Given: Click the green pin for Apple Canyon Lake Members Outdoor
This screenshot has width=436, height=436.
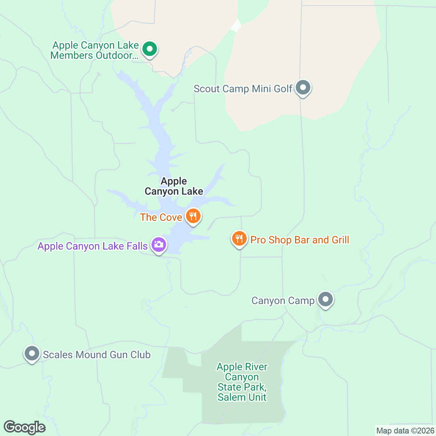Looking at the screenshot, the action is [149, 49].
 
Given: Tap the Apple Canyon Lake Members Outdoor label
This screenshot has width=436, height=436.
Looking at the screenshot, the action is [95, 51].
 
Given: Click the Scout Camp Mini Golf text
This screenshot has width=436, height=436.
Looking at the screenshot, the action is [243, 89].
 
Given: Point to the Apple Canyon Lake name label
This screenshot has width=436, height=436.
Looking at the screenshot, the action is [174, 186].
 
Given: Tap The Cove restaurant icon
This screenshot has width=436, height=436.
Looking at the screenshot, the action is [193, 216].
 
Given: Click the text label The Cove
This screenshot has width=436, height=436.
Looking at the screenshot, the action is [161, 217].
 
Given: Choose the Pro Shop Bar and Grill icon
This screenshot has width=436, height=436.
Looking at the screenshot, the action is [239, 239].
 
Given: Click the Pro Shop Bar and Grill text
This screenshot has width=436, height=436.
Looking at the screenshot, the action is [300, 240].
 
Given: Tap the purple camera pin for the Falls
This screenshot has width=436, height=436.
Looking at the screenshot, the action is [159, 245].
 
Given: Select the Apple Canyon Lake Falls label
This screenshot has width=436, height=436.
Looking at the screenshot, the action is [93, 246].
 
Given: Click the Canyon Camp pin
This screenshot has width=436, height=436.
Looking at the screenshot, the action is [326, 300].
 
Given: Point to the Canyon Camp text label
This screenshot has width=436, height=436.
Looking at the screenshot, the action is [283, 301].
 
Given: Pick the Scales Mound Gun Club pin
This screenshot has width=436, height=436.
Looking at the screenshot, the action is [32, 354].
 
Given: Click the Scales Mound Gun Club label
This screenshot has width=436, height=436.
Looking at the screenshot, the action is [97, 355].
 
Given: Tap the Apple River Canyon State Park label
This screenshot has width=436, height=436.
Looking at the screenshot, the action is [242, 382].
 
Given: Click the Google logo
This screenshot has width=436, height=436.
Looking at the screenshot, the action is [25, 427].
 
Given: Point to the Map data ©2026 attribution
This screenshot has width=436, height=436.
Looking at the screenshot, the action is [405, 431].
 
